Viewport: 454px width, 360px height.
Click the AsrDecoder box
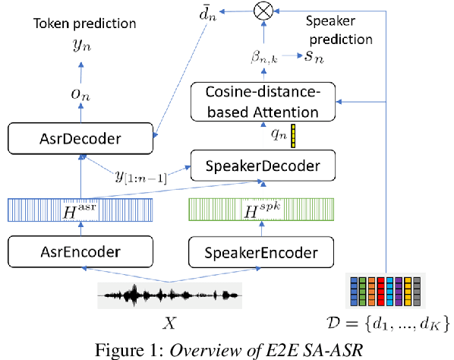point(80,140)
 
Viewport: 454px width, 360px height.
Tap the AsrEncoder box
point(79,248)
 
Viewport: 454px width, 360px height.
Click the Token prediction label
point(85,24)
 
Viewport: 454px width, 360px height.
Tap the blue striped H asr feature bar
point(79,210)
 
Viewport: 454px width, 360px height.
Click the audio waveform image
point(170,294)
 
